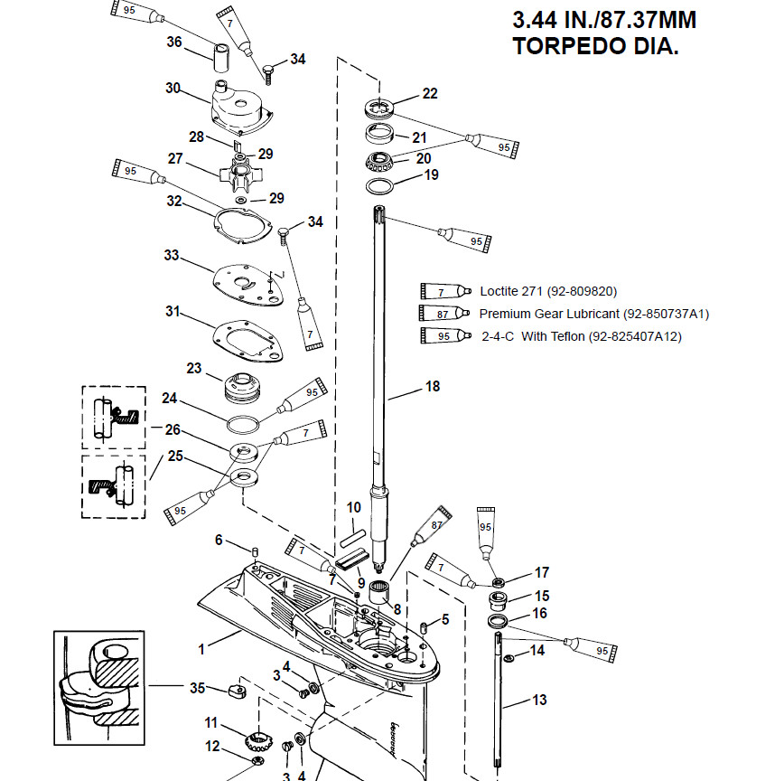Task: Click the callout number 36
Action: (174, 42)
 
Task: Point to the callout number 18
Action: (433, 386)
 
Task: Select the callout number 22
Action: (430, 94)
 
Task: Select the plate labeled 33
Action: (243, 287)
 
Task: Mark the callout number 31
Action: (173, 312)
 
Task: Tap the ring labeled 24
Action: (243, 423)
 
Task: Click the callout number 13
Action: (539, 699)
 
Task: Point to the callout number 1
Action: (202, 647)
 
